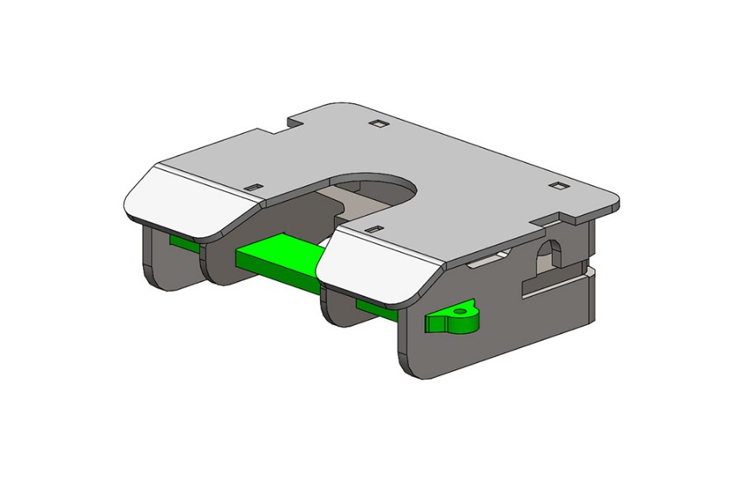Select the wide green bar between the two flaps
point(277,258)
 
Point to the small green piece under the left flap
point(182,241)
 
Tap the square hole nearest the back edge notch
point(378,124)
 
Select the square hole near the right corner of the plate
point(559,186)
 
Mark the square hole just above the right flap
point(374,228)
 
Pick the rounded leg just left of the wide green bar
point(217,265)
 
